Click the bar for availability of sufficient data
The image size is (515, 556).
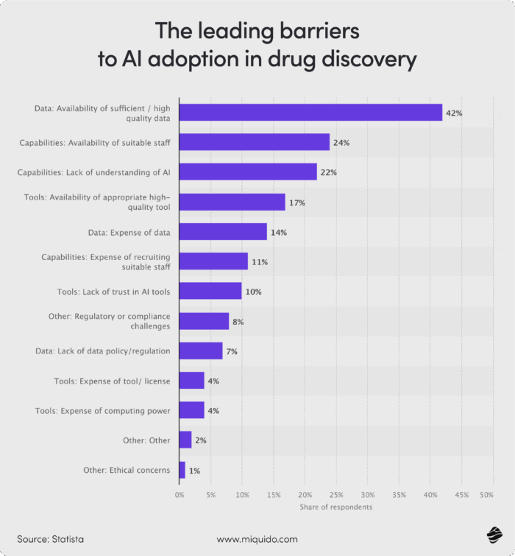pyautogui.click(x=310, y=113)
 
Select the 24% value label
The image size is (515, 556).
pyautogui.click(x=341, y=142)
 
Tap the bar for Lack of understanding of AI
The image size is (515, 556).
pyautogui.click(x=248, y=172)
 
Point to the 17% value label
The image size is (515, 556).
pyautogui.click(x=296, y=202)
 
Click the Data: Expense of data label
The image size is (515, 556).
pyautogui.click(x=129, y=233)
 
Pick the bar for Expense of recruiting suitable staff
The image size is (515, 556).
pyautogui.click(x=213, y=261)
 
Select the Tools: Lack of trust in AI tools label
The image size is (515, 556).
pyautogui.click(x=113, y=292)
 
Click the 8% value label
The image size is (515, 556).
pyautogui.click(x=238, y=322)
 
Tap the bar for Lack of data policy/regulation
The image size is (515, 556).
pyautogui.click(x=201, y=351)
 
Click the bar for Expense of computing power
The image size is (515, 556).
pyautogui.click(x=191, y=410)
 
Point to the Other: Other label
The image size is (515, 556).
pyautogui.click(x=146, y=440)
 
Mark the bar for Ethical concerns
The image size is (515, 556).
pyautogui.click(x=182, y=470)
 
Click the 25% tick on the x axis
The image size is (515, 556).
pyautogui.click(x=337, y=496)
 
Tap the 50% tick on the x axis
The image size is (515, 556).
pyautogui.click(x=486, y=496)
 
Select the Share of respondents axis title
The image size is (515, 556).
pyautogui.click(x=335, y=507)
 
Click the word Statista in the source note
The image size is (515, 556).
pyautogui.click(x=67, y=539)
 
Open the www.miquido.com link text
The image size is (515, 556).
pyautogui.click(x=257, y=539)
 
